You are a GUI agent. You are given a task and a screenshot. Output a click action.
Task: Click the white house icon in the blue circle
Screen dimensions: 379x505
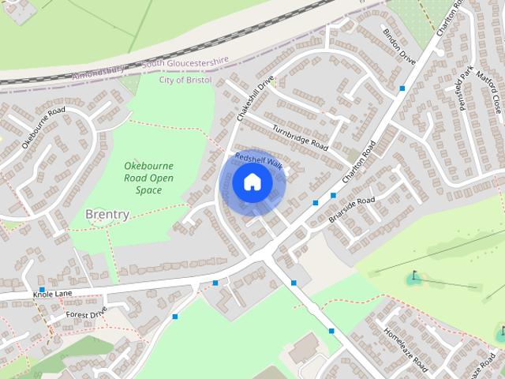(252, 182)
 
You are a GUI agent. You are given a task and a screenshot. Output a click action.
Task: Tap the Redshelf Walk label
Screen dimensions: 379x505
(258, 160)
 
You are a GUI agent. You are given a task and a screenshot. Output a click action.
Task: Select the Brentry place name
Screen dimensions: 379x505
(107, 214)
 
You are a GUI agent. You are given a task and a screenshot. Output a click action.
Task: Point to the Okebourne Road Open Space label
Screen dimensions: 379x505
(148, 178)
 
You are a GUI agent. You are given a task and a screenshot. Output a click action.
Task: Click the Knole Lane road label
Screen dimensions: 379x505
(52, 294)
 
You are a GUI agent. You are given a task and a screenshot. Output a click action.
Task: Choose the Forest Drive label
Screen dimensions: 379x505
(86, 314)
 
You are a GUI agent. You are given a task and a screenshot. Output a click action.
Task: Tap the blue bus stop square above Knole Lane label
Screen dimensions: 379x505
(41, 279)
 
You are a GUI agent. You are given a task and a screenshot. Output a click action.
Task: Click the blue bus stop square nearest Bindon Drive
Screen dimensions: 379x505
(402, 88)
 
